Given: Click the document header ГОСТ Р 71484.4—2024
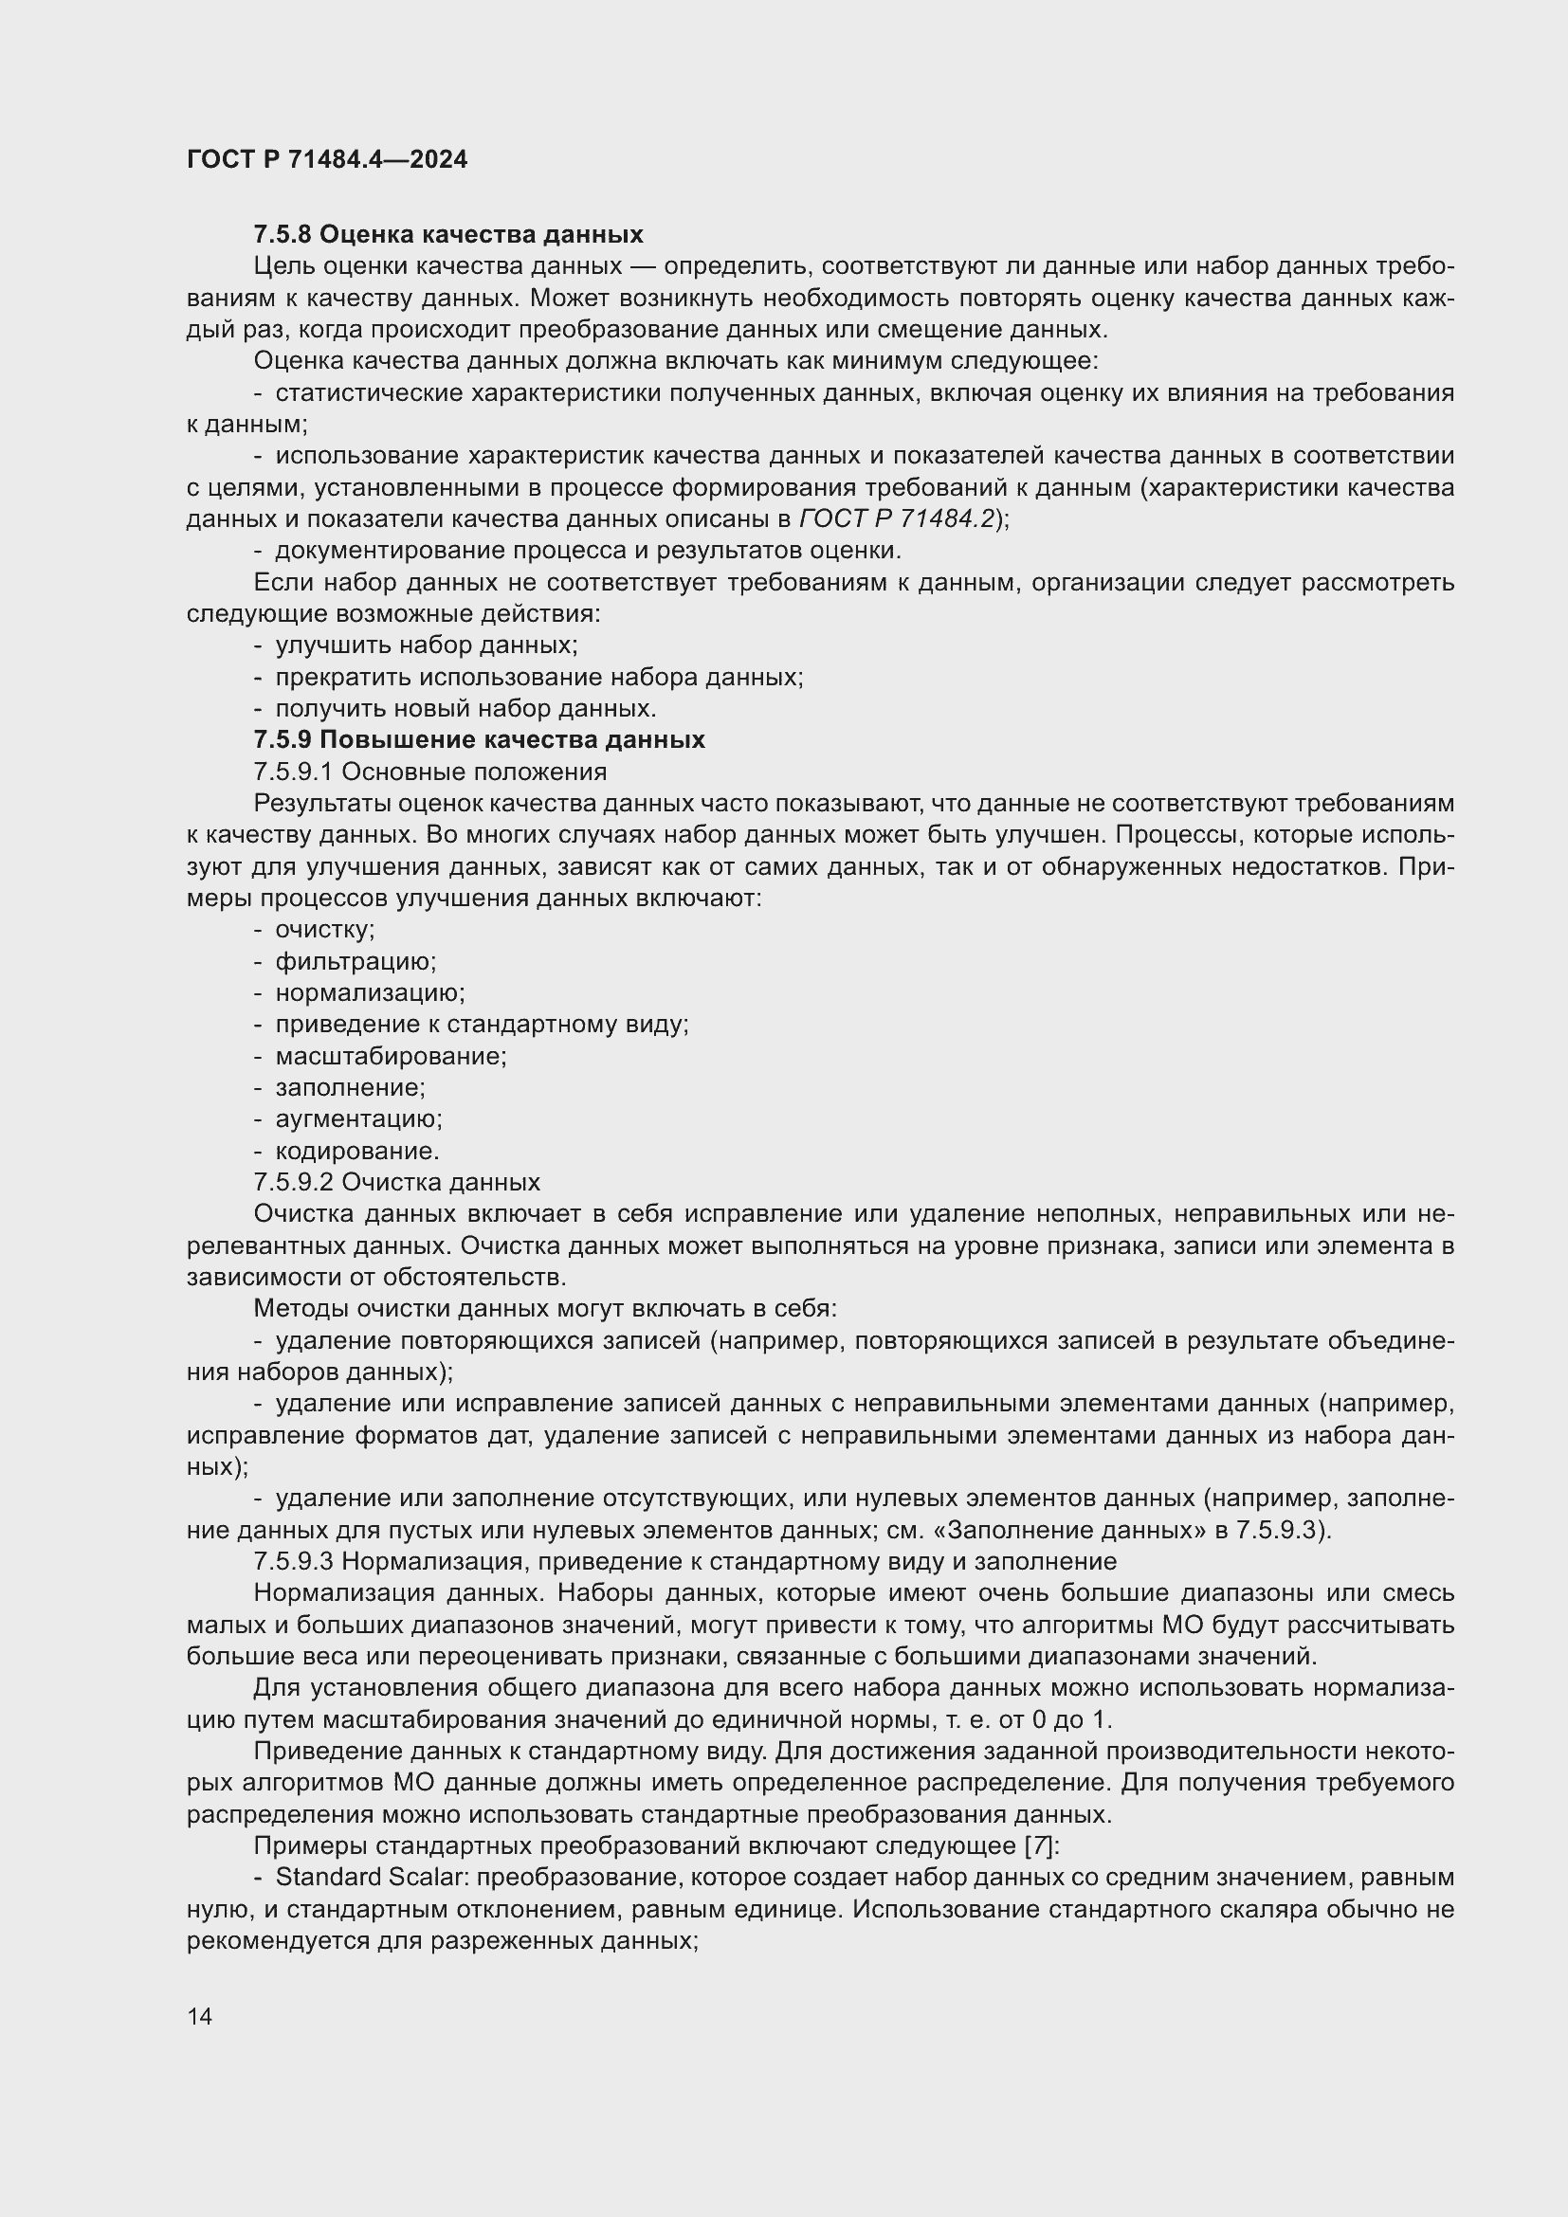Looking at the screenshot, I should coord(326,160).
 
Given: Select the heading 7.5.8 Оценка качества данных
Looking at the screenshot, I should coord(448,235).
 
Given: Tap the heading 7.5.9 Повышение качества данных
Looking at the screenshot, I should coord(479,739).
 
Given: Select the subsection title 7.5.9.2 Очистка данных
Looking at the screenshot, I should coord(397,1182).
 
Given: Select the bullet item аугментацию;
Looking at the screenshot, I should coord(358,1119).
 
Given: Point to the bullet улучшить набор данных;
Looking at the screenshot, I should coord(426,645).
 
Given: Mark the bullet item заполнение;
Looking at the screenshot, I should coord(350,1087).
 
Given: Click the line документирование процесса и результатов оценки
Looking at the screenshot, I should coord(587,551).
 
